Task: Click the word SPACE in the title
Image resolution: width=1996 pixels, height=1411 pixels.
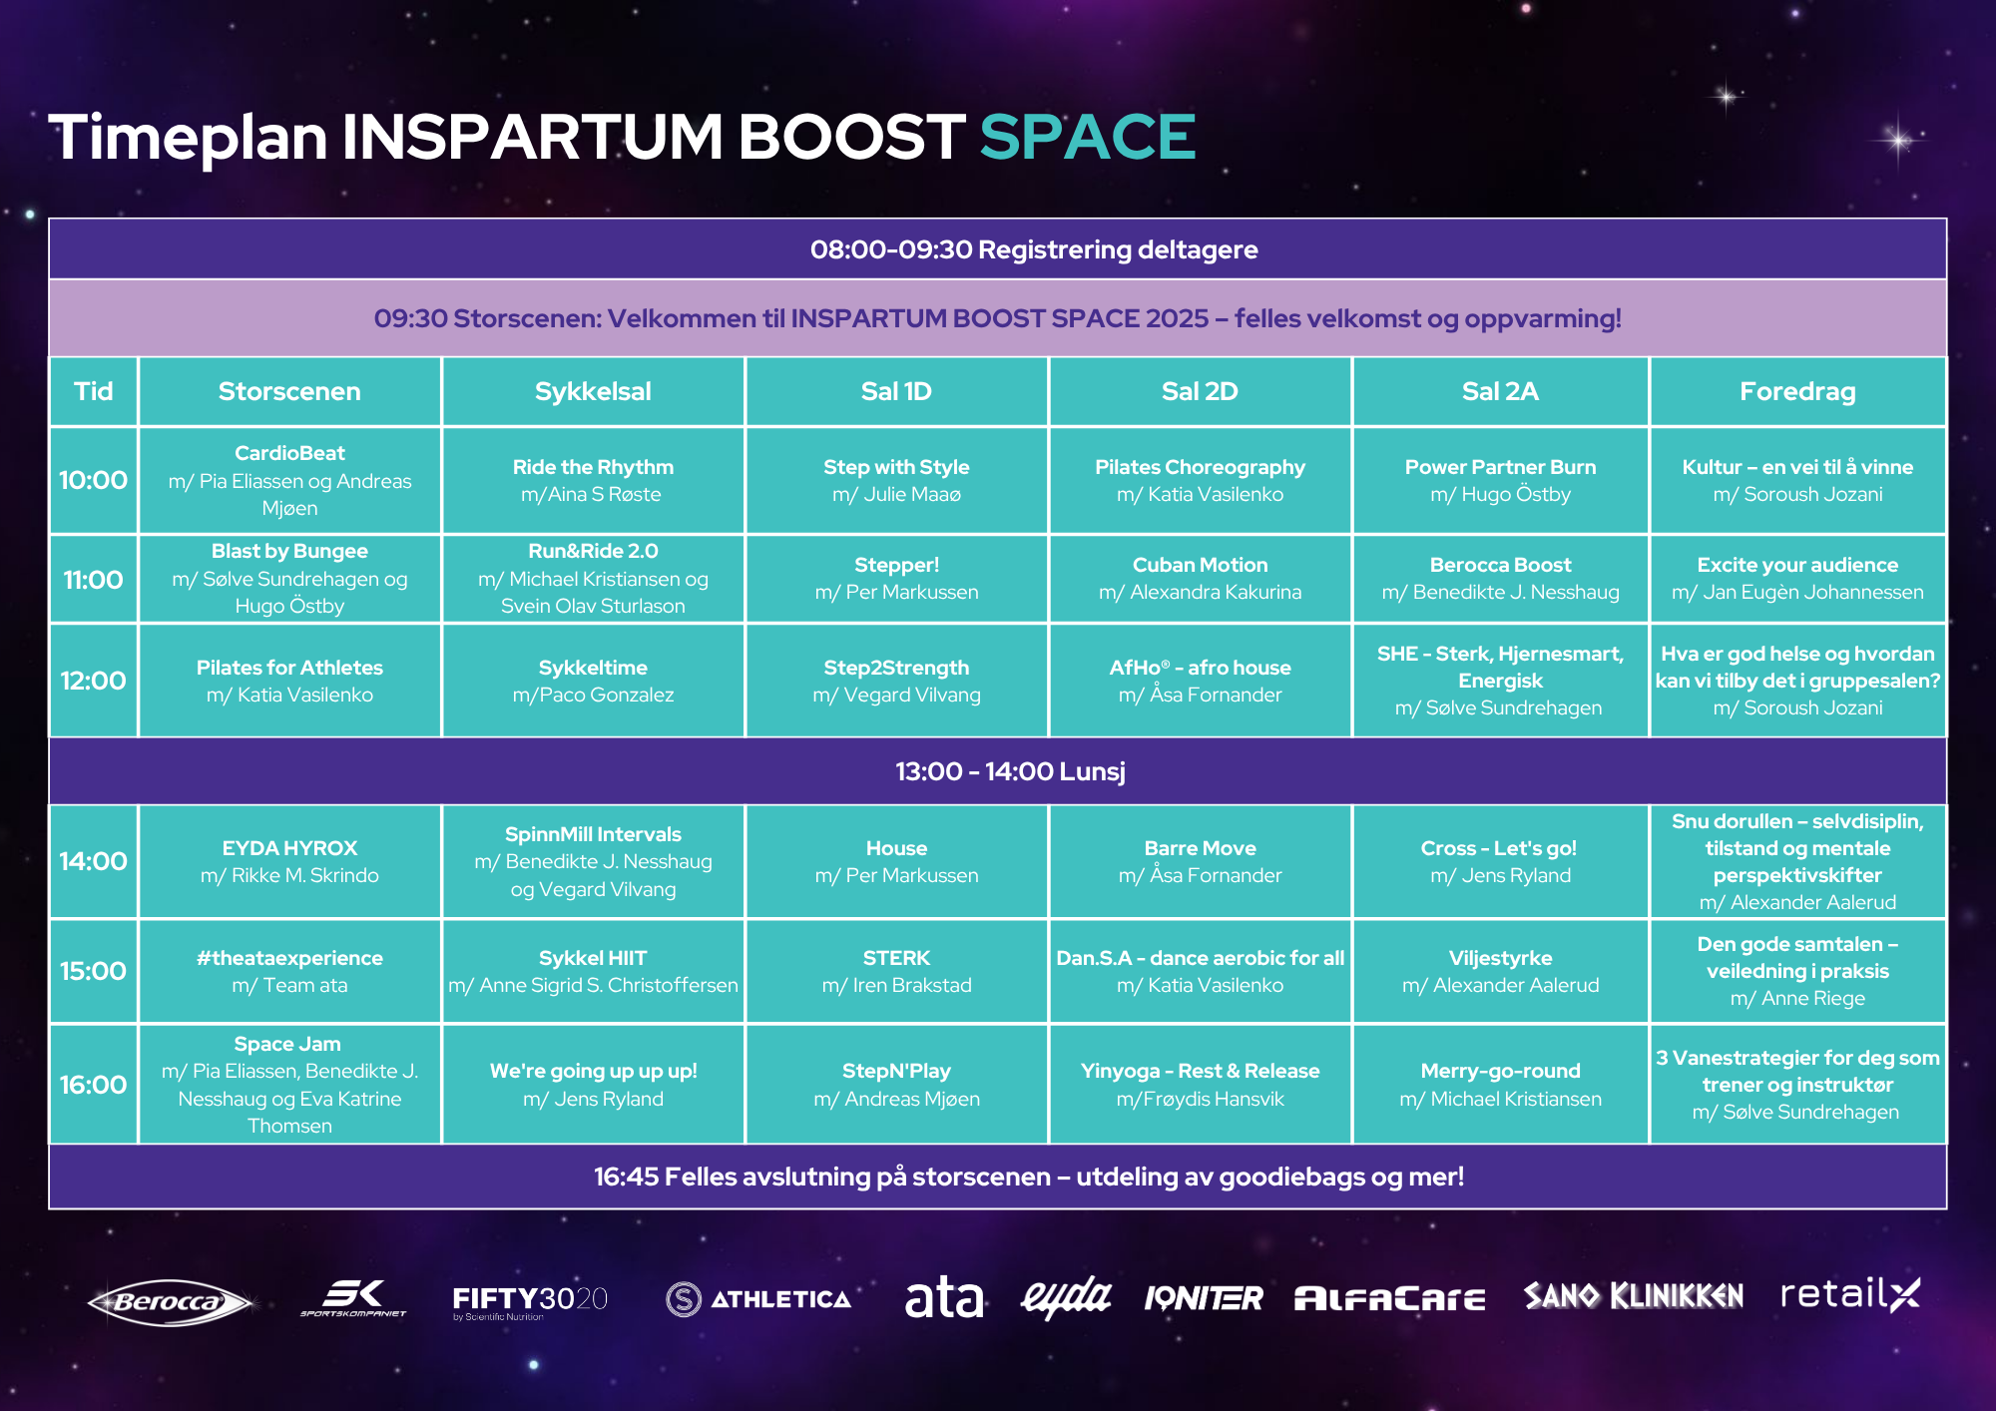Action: (1088, 137)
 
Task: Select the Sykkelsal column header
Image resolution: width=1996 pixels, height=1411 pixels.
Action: (593, 391)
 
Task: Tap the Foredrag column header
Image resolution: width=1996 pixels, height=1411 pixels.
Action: (1797, 391)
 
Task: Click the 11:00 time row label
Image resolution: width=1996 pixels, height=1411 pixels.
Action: (94, 579)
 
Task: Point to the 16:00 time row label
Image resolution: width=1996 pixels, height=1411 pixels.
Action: (94, 1084)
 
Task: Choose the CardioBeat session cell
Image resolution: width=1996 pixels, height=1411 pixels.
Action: (289, 480)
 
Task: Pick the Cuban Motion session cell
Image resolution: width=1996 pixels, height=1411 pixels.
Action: (1200, 579)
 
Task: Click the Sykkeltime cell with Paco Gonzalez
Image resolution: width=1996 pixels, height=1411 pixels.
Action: (593, 681)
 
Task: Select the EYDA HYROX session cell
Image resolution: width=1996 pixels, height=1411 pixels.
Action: (289, 861)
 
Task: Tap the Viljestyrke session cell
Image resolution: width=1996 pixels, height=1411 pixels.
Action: (1500, 971)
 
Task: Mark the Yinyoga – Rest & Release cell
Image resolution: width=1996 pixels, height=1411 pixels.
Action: (1200, 1084)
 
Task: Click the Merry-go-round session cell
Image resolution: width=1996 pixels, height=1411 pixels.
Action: (1500, 1084)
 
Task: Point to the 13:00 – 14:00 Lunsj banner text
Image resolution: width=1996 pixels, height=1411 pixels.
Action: (1010, 771)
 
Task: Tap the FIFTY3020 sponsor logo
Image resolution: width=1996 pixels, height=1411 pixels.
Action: (530, 1301)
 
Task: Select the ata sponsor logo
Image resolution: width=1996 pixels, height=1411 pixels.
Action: (944, 1298)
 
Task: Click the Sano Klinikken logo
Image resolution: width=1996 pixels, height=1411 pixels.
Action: (1634, 1295)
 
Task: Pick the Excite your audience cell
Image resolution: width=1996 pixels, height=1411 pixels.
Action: (1797, 579)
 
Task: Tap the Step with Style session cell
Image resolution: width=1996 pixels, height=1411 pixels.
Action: (896, 480)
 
